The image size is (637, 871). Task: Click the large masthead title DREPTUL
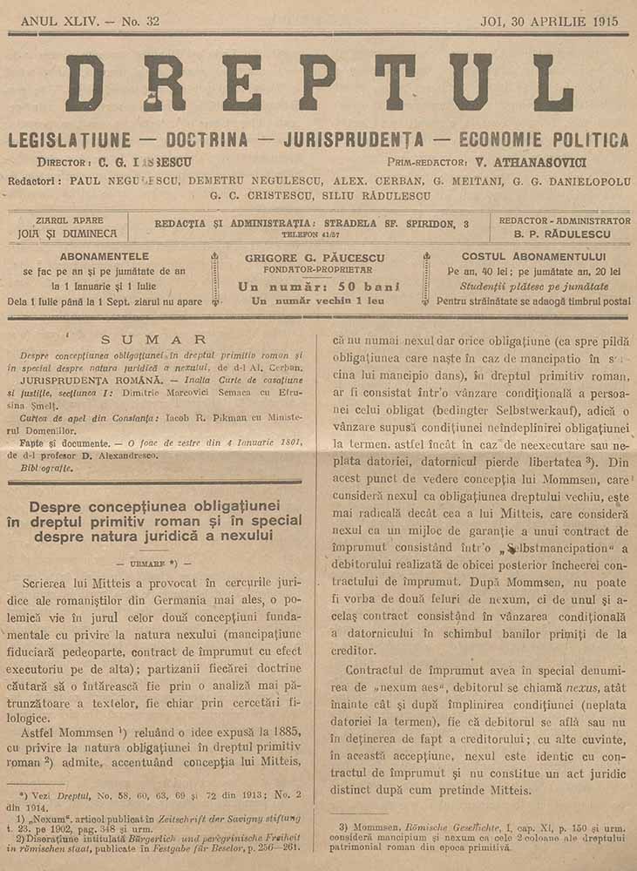point(319,84)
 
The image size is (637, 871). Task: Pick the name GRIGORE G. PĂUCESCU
point(319,258)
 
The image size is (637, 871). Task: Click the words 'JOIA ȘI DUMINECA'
point(68,233)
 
